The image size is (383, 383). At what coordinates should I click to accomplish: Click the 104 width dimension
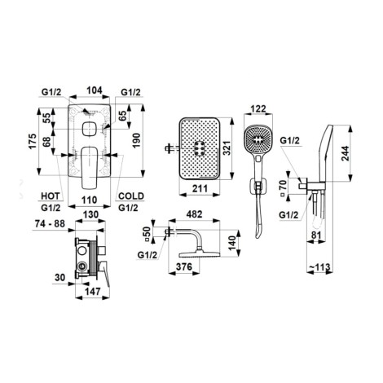(95, 90)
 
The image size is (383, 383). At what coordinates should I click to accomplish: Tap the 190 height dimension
(136, 140)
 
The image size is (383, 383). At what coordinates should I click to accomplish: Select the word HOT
(50, 196)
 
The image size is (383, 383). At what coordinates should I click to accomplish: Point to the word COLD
(131, 196)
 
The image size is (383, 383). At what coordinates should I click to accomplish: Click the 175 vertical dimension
(33, 141)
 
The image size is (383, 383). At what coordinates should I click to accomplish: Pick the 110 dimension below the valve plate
(90, 200)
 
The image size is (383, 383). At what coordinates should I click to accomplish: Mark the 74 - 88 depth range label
(50, 224)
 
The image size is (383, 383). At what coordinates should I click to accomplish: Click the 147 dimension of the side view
(93, 292)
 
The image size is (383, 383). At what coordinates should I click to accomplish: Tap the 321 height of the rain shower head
(227, 148)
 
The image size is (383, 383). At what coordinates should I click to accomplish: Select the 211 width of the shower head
(200, 188)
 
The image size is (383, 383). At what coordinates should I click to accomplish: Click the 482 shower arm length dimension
(195, 214)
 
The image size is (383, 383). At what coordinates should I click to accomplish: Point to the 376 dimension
(184, 266)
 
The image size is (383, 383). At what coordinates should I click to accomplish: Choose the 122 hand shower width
(258, 109)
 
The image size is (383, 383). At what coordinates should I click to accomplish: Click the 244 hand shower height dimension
(346, 153)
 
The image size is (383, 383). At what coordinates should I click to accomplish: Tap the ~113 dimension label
(320, 267)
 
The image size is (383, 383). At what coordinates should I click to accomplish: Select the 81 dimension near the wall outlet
(315, 235)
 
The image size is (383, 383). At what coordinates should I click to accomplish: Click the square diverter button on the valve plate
(89, 129)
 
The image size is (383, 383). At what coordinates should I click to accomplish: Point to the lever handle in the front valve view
(89, 168)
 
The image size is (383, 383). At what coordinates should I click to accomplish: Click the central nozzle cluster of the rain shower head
(200, 149)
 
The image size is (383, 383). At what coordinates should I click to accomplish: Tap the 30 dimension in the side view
(60, 278)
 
